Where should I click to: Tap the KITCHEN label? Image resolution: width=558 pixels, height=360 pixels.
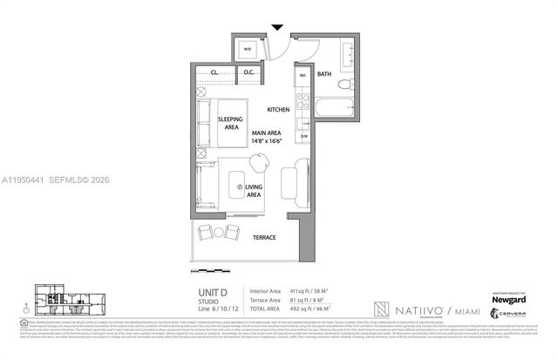point(278,110)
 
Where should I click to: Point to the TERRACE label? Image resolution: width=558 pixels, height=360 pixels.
point(264,237)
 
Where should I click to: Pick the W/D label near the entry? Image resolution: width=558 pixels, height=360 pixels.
point(248,49)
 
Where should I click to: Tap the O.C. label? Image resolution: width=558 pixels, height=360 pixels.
point(248,71)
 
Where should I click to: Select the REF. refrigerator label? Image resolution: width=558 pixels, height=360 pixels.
point(303,76)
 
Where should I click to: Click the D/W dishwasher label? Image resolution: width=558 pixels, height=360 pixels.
point(304,136)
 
